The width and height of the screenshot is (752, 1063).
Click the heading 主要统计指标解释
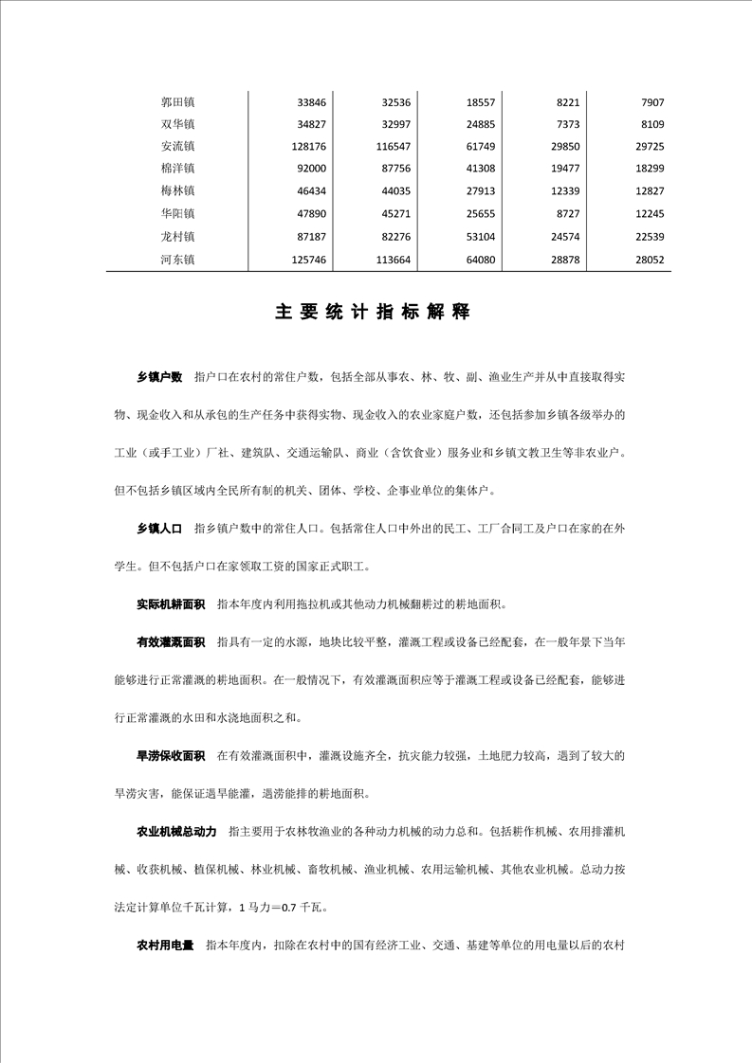click(373, 313)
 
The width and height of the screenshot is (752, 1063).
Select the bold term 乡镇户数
click(158, 377)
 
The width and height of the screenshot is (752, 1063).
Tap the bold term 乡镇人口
click(158, 528)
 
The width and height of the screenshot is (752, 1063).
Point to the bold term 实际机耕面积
click(171, 604)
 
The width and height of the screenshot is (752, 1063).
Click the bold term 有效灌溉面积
click(171, 641)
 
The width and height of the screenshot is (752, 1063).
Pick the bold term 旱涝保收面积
click(171, 755)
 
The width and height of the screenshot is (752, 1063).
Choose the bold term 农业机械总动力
click(176, 831)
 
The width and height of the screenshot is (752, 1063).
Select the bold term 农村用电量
click(165, 945)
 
